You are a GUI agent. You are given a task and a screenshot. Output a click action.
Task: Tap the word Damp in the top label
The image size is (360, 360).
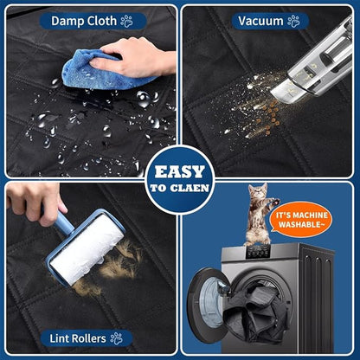(67, 21)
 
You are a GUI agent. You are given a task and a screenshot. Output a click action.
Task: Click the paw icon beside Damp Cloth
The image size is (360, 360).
(126, 21)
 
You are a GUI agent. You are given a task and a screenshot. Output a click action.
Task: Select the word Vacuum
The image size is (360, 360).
(260, 21)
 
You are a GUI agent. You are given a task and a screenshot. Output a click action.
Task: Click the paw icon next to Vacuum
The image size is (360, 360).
(293, 21)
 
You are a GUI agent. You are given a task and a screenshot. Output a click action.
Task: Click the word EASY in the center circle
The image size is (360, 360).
(180, 172)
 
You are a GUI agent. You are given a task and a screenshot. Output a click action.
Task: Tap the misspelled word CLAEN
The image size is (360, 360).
(190, 188)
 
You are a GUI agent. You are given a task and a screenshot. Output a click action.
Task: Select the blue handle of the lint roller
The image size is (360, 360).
(62, 221)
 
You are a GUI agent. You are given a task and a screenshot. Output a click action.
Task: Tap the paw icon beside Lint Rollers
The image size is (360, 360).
(117, 338)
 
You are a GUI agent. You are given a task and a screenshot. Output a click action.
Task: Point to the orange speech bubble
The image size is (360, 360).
(300, 219)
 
